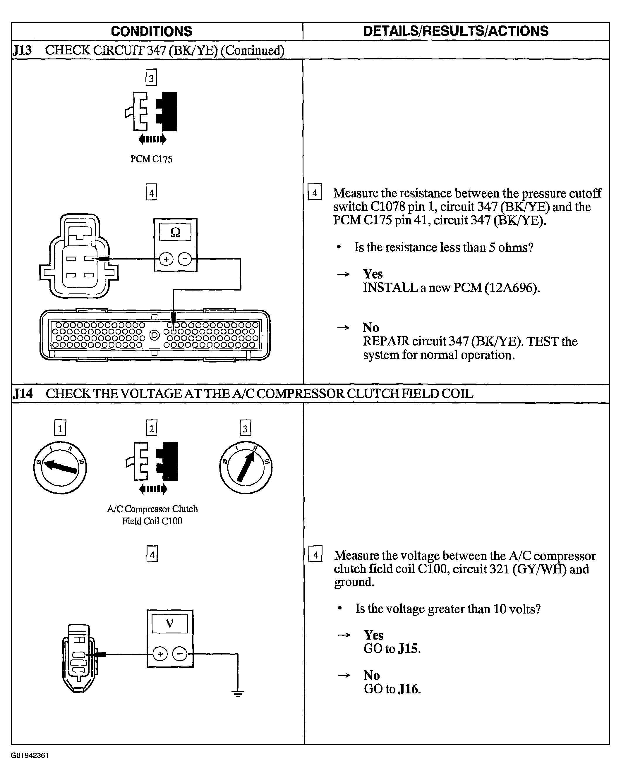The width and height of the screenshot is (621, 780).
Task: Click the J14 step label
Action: [x=23, y=394]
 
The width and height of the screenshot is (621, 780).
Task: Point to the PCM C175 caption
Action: [x=151, y=159]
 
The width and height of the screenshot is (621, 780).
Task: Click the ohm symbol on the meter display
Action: [x=175, y=232]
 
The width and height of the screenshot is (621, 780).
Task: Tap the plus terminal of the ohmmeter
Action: [x=166, y=259]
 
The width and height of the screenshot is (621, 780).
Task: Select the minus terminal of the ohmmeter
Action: [x=185, y=259]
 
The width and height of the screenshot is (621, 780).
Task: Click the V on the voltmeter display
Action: [x=169, y=623]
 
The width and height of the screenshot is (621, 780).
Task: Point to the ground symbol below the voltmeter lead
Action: [x=238, y=693]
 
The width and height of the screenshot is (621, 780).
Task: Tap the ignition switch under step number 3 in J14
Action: [x=246, y=468]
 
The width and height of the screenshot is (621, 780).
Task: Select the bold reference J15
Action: [x=409, y=649]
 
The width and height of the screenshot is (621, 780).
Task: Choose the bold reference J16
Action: [x=409, y=689]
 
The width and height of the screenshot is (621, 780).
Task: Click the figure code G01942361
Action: [x=30, y=756]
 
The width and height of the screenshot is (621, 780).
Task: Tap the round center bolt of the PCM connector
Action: [x=155, y=335]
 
